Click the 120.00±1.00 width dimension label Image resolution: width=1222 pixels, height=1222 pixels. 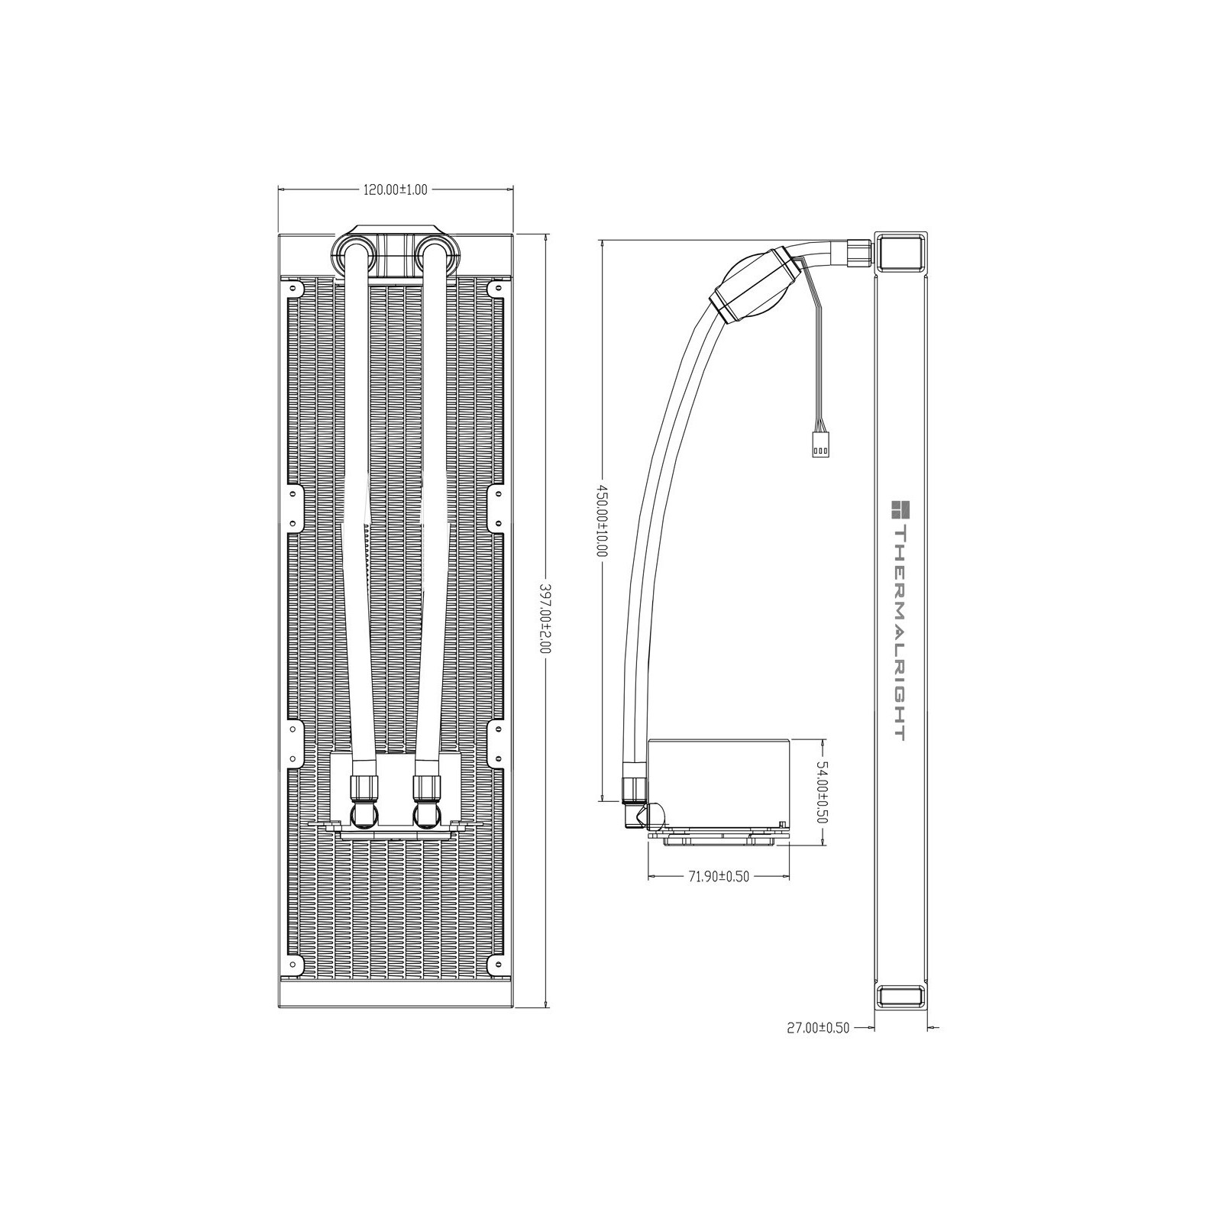point(394,190)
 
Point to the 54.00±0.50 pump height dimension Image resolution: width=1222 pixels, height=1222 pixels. point(822,790)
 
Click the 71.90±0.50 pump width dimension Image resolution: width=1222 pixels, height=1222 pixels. point(718,876)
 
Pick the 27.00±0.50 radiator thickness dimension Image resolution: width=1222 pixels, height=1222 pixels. point(818,1028)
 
